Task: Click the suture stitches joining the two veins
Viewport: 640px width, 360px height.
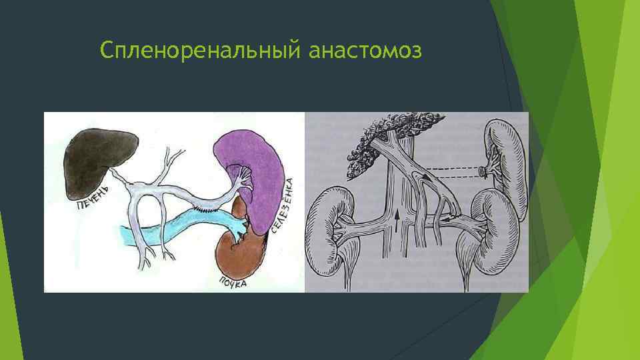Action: [x=203, y=207]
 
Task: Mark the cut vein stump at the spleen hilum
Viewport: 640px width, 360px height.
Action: [x=483, y=172]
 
